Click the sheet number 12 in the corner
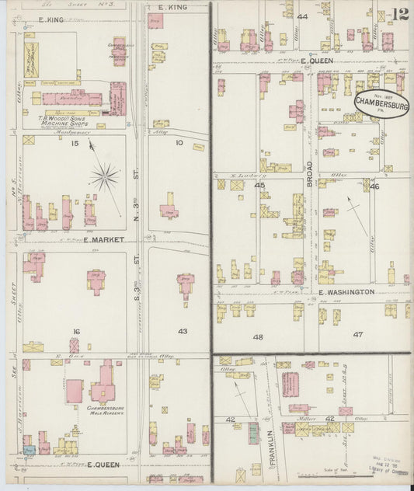(400, 13)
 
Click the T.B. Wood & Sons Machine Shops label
(68, 121)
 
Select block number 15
(75, 143)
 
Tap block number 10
(179, 142)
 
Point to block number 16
(75, 331)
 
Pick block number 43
(183, 331)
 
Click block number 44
(301, 16)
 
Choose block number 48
(257, 336)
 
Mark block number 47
(358, 334)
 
